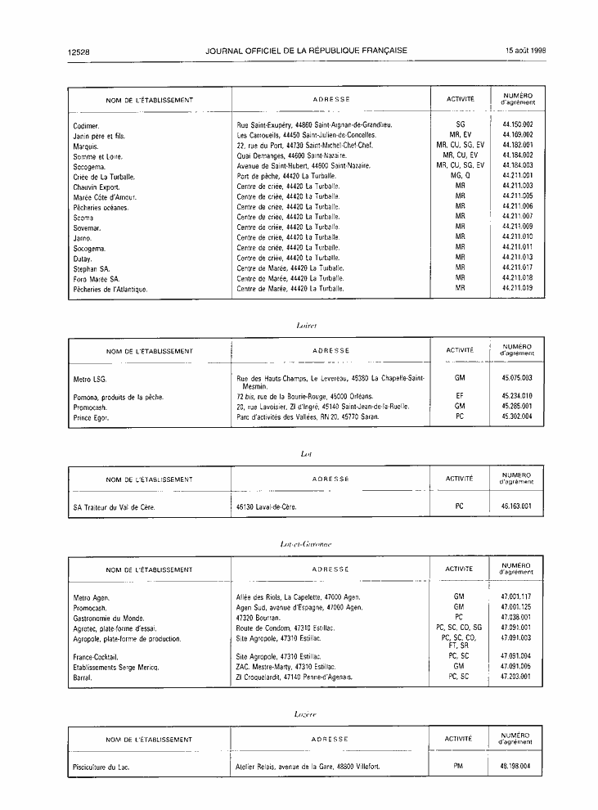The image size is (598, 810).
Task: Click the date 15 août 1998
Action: click(x=526, y=51)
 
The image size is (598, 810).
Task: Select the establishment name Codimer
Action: click(x=86, y=125)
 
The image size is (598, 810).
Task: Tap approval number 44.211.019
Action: click(x=518, y=288)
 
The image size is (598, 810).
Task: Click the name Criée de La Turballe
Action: click(x=104, y=177)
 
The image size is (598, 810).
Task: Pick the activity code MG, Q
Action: click(x=460, y=176)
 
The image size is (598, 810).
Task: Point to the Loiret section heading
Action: click(x=304, y=325)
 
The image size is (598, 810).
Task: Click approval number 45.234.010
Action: click(x=518, y=396)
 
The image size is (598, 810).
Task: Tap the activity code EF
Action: click(x=460, y=396)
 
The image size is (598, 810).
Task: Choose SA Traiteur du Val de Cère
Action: click(x=114, y=507)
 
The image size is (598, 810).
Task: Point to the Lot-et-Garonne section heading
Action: click(x=304, y=543)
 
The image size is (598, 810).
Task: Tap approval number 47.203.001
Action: click(x=516, y=677)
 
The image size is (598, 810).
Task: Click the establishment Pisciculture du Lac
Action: click(x=101, y=767)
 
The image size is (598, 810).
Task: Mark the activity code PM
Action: click(x=458, y=767)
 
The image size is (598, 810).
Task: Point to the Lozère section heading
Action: click(x=304, y=714)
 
